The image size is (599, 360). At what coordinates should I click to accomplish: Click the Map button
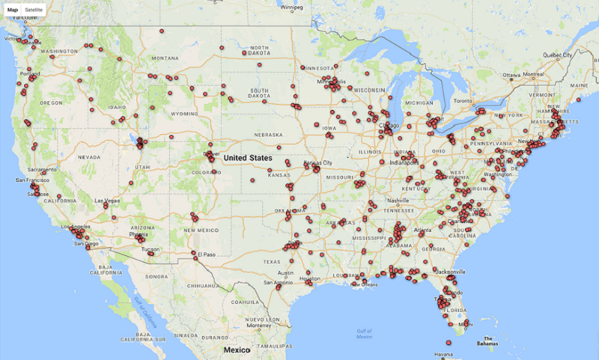tap(13, 10)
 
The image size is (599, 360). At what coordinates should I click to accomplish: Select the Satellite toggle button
tap(34, 10)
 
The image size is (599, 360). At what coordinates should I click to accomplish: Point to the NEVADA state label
tap(88, 157)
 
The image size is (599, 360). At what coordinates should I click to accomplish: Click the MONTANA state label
tap(165, 58)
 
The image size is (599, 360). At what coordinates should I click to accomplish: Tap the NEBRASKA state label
tap(268, 135)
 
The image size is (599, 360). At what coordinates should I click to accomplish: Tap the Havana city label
tap(444, 354)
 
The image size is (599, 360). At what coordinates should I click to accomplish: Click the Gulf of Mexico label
tap(365, 334)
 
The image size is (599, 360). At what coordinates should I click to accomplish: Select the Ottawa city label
tap(511, 76)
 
